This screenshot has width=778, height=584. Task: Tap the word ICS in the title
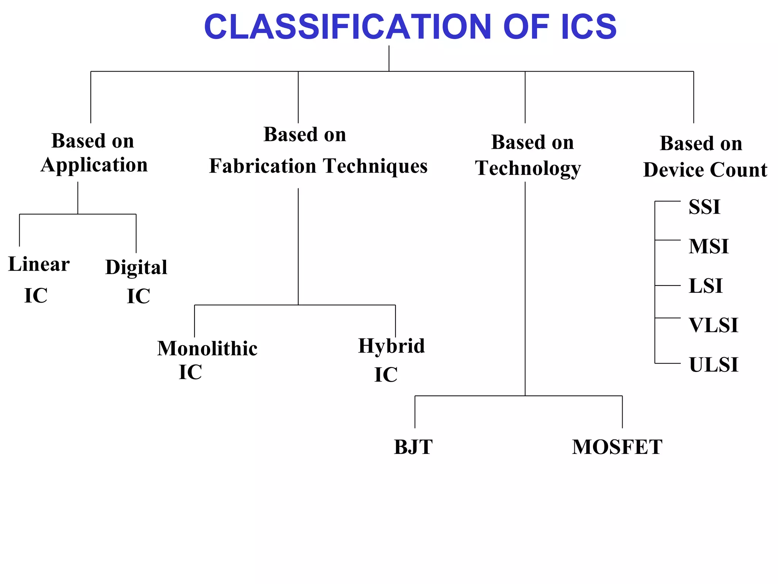pos(588,27)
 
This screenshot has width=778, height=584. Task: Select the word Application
pos(94,165)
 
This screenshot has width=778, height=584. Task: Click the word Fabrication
pos(262,166)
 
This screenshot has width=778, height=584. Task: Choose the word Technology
pos(528,168)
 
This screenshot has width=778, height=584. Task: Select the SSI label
pos(704,207)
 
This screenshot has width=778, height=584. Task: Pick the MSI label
pos(708,246)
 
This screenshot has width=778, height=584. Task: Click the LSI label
pos(705,286)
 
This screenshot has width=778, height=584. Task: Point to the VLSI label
pos(713,325)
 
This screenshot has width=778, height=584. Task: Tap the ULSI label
pos(713,365)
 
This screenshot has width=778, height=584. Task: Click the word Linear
pos(39,264)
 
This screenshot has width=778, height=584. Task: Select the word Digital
pos(136,267)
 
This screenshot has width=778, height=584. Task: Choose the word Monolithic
pos(207,349)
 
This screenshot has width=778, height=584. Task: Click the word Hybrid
pos(391,346)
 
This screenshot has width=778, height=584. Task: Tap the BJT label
pos(413,447)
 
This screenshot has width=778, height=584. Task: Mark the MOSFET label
pos(617,447)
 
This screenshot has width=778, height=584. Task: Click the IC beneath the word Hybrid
pos(386,375)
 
